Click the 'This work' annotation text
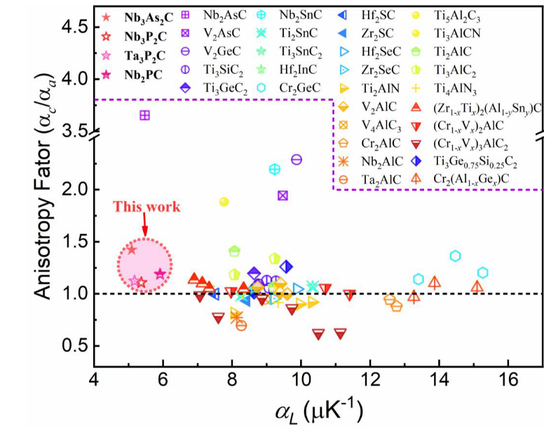147,206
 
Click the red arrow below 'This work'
144,225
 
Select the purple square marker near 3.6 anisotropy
144,115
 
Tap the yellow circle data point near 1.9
224,201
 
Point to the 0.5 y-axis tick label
70,346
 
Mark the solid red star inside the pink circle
131,250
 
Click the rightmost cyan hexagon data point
482,272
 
